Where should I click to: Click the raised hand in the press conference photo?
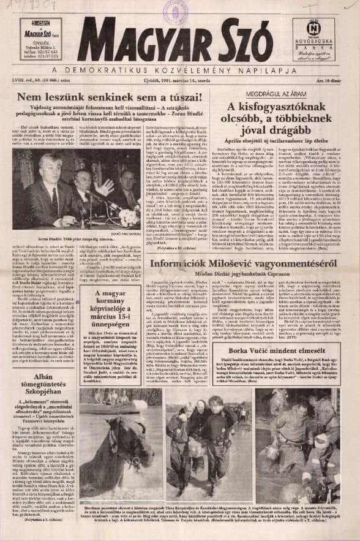coord(108,184)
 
